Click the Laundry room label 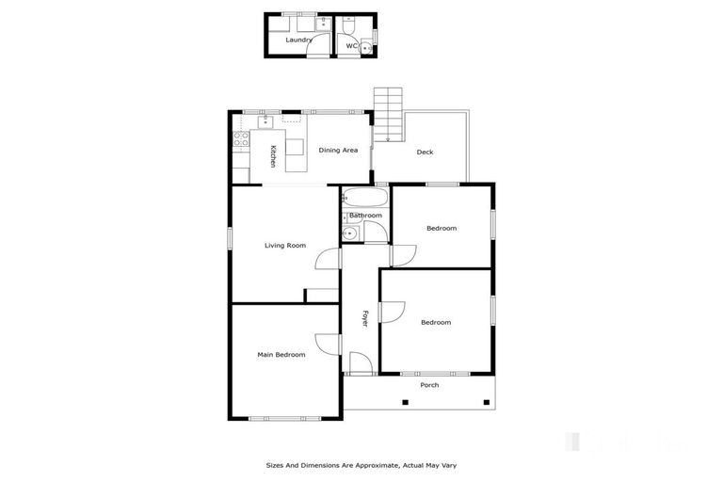(298, 40)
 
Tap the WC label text (350, 45)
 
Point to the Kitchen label (273, 157)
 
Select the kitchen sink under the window (265, 120)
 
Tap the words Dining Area (337, 150)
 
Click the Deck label (425, 152)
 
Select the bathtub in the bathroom (364, 198)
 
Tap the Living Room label (284, 246)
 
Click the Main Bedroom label (281, 355)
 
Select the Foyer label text (365, 318)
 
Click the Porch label (429, 385)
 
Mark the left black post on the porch (405, 403)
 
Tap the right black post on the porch (485, 403)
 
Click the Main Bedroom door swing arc (327, 344)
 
